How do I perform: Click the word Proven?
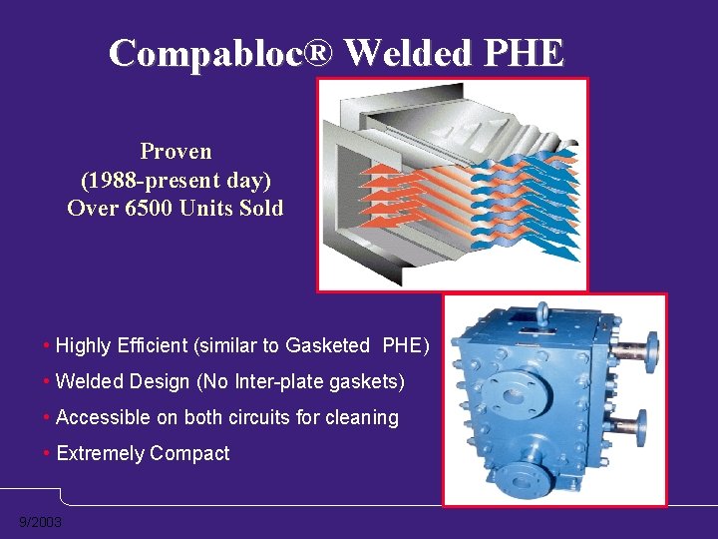click(176, 152)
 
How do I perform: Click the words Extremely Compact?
click(143, 453)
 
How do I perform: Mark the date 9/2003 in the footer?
click(40, 523)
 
